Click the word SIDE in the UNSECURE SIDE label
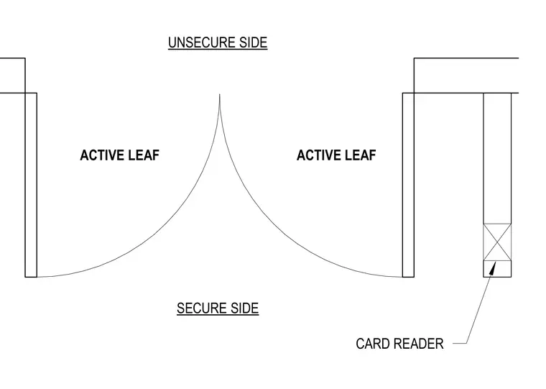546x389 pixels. point(253,42)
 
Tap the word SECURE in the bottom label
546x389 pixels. point(198,308)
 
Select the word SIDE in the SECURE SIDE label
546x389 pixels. point(244,308)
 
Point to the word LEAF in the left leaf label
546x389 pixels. point(146,155)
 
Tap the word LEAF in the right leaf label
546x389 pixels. point(362,155)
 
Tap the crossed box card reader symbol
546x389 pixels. point(497,242)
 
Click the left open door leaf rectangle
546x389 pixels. point(31,185)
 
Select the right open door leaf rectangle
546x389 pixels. point(409,185)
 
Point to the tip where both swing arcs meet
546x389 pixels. point(219,94)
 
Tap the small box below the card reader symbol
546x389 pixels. point(497,269)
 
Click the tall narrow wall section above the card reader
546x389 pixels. point(497,159)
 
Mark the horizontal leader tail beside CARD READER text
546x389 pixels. point(460,343)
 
